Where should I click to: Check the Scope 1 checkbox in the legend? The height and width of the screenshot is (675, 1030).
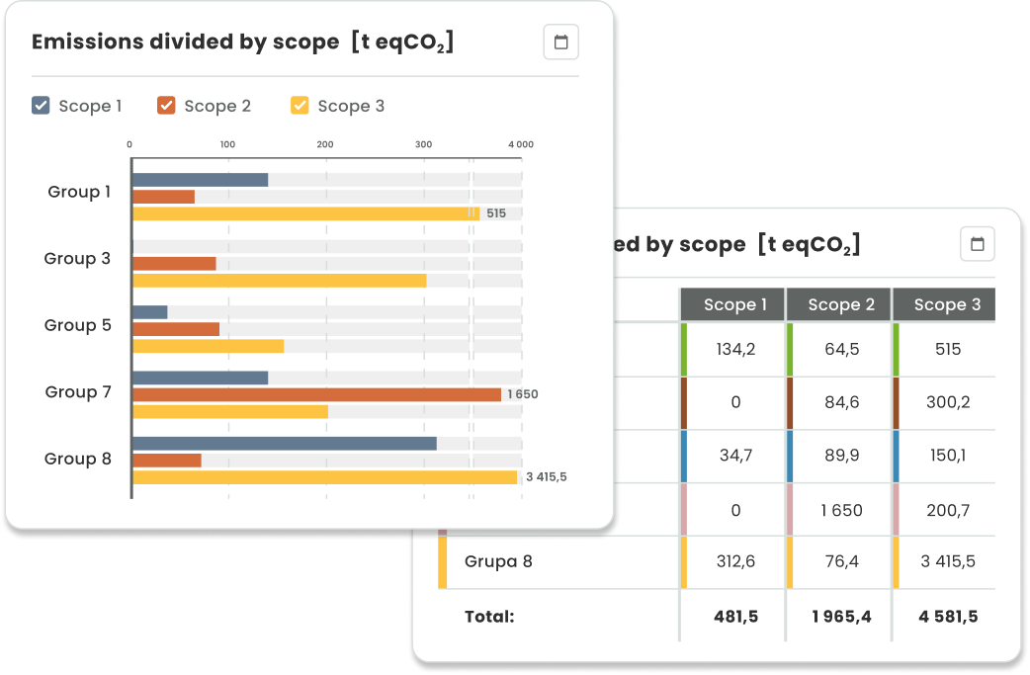click(41, 106)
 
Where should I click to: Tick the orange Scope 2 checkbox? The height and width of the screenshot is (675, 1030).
click(166, 106)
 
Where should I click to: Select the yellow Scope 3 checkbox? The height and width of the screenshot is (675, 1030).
click(300, 106)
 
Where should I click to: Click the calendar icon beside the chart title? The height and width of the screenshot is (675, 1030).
click(560, 42)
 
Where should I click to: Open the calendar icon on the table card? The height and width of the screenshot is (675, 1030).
click(977, 244)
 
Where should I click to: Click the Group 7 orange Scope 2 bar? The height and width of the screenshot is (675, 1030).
click(316, 394)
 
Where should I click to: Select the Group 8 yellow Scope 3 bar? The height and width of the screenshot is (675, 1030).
click(324, 477)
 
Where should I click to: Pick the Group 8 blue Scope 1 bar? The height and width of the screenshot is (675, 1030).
click(284, 444)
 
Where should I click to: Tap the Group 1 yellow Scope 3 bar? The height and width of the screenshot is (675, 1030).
click(305, 213)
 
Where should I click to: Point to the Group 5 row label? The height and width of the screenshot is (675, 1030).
click(78, 325)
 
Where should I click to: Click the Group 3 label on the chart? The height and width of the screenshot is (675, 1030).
click(77, 259)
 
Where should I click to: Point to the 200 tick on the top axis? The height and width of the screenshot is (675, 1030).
click(325, 144)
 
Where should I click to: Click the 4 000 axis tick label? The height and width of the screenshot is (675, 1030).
click(520, 144)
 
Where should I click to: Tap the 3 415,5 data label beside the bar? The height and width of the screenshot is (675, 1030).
click(546, 477)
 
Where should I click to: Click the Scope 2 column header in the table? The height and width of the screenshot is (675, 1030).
click(840, 304)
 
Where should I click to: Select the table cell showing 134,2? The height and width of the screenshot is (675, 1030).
click(734, 349)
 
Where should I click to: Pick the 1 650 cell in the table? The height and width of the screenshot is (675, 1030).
click(840, 510)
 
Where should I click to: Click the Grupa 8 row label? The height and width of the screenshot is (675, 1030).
click(498, 561)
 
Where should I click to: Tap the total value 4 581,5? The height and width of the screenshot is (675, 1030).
click(947, 617)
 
